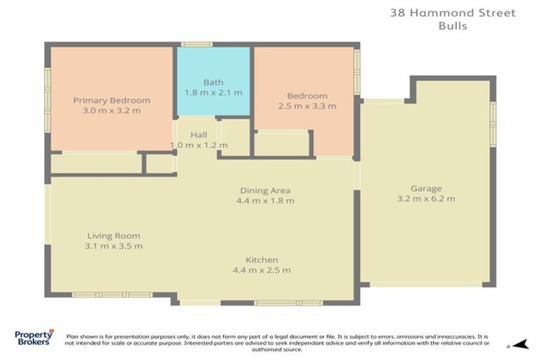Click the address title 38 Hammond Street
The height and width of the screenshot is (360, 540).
tap(463, 13)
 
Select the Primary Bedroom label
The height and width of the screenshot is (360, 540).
tap(111, 100)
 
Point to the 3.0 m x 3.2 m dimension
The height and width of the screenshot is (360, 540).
tap(111, 110)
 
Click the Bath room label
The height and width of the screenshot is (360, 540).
tap(213, 82)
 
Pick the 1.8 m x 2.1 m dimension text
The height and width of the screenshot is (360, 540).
tap(213, 92)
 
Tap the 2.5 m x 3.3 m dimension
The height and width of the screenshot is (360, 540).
tap(307, 106)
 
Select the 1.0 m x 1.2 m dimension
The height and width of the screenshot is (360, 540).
tap(199, 145)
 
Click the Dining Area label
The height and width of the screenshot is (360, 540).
tap(265, 190)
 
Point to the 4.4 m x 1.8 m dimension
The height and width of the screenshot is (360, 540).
tap(266, 200)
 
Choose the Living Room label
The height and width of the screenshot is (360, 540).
tap(113, 236)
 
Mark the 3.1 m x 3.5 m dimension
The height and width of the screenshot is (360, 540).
tap(113, 246)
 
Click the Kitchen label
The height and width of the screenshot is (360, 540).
tap(261, 259)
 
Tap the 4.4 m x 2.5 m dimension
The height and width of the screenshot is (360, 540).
tap(262, 270)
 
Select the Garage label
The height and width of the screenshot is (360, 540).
tap(426, 188)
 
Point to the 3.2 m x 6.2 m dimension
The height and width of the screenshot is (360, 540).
tap(426, 198)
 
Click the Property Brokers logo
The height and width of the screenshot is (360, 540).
tap(33, 337)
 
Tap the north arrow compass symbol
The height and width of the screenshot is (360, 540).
tap(518, 345)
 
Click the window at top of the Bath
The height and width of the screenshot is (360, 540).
tap(196, 44)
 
